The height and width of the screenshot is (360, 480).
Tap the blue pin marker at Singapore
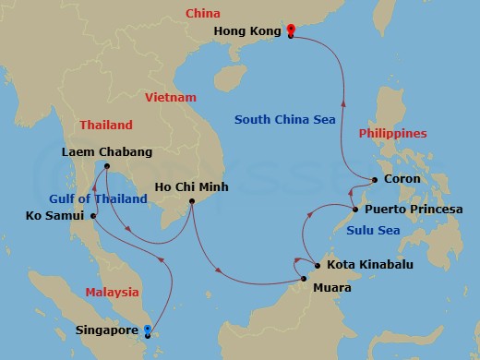coord(148,329)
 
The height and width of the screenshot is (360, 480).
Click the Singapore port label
coord(105,329)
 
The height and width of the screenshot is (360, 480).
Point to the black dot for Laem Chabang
coord(107,166)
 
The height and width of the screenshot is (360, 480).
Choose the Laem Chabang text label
coord(107,151)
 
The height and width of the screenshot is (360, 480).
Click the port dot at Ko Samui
coord(93,216)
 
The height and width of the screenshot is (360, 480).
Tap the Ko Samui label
coord(54,216)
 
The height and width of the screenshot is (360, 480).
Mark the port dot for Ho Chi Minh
coord(191,202)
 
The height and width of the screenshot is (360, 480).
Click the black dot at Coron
coord(374,179)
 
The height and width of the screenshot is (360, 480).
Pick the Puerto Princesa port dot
coord(354,210)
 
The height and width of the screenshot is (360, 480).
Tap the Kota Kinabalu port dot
coord(317,266)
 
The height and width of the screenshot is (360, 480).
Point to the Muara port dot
coord(304,277)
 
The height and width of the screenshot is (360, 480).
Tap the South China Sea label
coord(283,119)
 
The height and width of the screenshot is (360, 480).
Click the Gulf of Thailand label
coord(99,198)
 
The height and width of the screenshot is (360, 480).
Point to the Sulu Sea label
coord(375,230)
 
